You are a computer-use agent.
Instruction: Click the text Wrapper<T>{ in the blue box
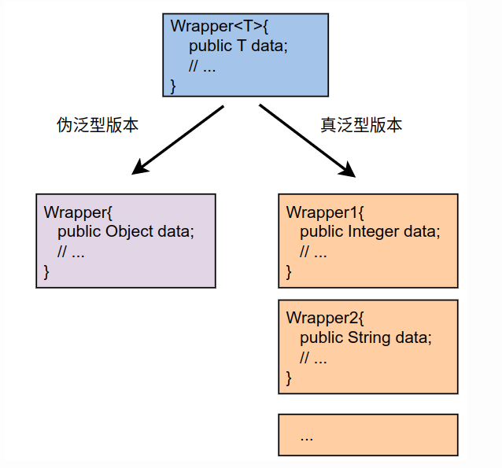pyautogui.click(x=220, y=25)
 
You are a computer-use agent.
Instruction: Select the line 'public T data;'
pyautogui.click(x=238, y=46)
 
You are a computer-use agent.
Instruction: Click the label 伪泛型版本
pyautogui.click(x=98, y=125)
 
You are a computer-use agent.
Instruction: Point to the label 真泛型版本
pyautogui.click(x=361, y=125)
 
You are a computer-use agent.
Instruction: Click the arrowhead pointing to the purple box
pyautogui.click(x=140, y=167)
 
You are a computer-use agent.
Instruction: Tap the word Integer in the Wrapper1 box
pyautogui.click(x=373, y=232)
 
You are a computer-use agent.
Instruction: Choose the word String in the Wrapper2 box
pyautogui.click(x=369, y=338)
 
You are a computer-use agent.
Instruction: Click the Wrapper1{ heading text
pyautogui.click(x=325, y=212)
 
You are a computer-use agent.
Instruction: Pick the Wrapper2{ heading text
pyautogui.click(x=325, y=318)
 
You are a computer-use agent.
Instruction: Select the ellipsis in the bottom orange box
pyautogui.click(x=307, y=436)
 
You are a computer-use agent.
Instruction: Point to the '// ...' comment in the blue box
pyautogui.click(x=202, y=66)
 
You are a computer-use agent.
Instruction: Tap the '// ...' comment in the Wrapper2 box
pyautogui.click(x=313, y=359)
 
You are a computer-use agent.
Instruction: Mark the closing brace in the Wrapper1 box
pyautogui.click(x=289, y=272)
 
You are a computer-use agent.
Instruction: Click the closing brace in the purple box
pyautogui.click(x=46, y=272)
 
